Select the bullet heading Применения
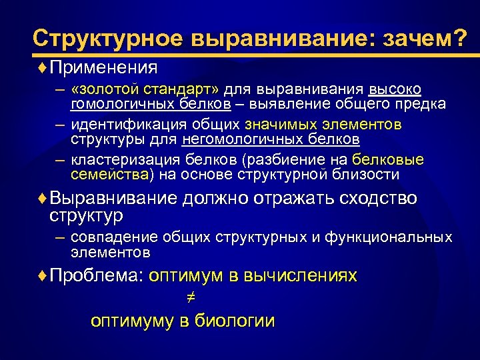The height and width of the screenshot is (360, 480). coord(103,67)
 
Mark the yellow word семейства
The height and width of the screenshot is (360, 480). coord(110,175)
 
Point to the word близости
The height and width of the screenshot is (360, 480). coord(367,175)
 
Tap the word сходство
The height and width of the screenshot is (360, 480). coord(379,198)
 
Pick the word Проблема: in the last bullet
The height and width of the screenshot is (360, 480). coord(97,276)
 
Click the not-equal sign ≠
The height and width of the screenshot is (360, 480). coord(181,299)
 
